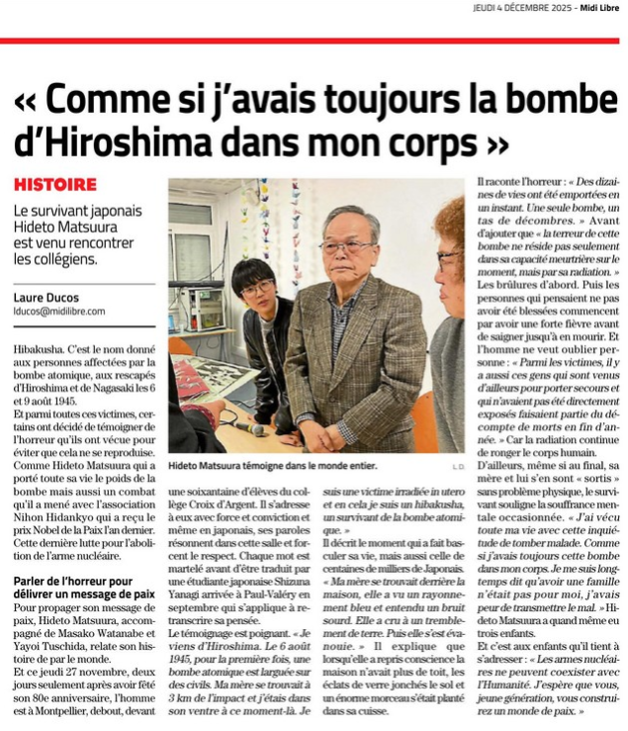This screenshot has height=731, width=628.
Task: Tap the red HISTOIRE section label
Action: coord(55,185)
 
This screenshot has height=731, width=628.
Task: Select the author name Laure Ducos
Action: coord(45,296)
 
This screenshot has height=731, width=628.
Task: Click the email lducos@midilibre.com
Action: coord(59,311)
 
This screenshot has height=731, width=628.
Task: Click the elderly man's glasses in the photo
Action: coord(347,247)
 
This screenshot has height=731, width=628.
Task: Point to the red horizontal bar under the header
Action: coord(314,41)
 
